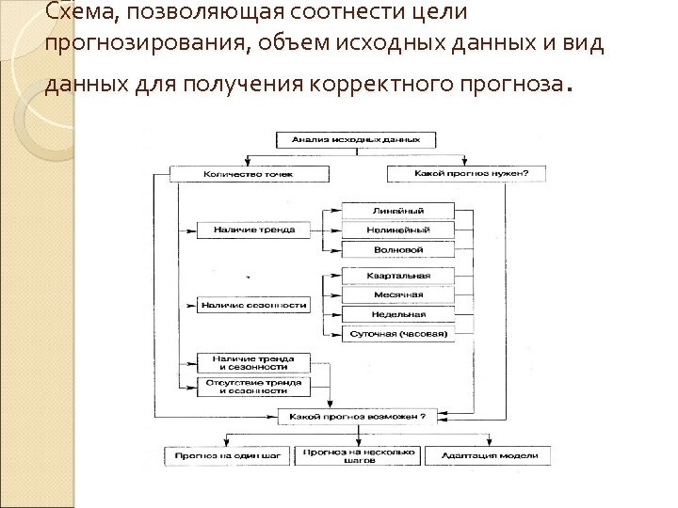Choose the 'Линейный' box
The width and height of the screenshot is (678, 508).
(x=396, y=211)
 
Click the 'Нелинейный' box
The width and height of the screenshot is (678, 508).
(x=396, y=230)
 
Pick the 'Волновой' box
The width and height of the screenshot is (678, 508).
(x=396, y=249)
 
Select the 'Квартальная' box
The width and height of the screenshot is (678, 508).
(x=396, y=276)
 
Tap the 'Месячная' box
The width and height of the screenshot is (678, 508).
(x=396, y=294)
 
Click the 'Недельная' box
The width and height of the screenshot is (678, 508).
(x=396, y=314)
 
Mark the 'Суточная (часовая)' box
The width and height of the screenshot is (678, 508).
(x=396, y=333)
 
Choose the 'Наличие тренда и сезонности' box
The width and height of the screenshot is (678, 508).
(x=252, y=363)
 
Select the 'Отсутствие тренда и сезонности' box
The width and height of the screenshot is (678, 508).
(x=252, y=385)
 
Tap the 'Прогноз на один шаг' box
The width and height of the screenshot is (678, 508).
(x=229, y=455)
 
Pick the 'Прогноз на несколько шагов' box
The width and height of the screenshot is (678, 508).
(x=358, y=455)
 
